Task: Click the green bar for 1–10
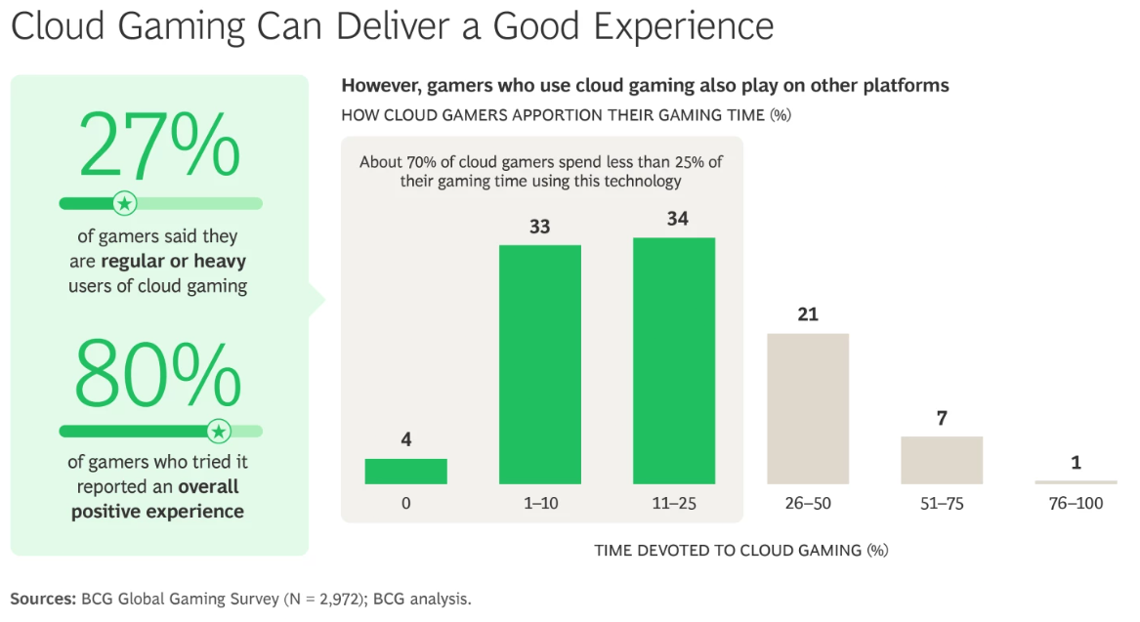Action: [x=540, y=364]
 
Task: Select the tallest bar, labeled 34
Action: [x=674, y=360]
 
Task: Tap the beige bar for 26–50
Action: [x=808, y=408]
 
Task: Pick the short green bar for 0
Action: [x=406, y=472]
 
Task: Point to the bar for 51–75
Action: [x=942, y=460]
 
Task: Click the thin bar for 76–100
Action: [x=1076, y=482]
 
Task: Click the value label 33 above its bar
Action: [x=540, y=227]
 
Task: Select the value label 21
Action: [x=808, y=314]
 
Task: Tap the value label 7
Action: [x=942, y=418]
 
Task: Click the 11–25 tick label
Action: [x=674, y=505]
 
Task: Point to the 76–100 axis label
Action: [x=1076, y=505]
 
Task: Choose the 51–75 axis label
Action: [x=942, y=505]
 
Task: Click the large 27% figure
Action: [x=158, y=145]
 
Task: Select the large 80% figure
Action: [x=158, y=376]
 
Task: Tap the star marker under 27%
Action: [x=124, y=203]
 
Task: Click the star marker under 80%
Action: [x=219, y=431]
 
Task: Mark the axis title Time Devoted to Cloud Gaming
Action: [x=741, y=551]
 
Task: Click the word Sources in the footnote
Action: [x=42, y=599]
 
